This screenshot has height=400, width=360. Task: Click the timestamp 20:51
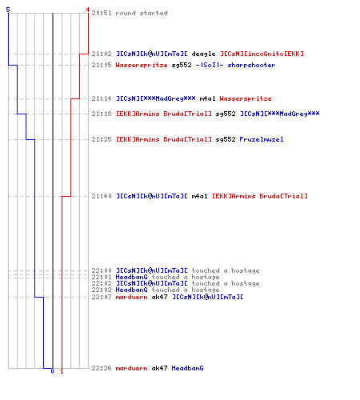102,13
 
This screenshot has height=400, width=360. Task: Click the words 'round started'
142,13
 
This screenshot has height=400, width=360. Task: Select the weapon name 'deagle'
203,54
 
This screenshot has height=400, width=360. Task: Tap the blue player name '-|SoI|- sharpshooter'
235,65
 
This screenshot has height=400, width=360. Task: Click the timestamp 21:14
102,98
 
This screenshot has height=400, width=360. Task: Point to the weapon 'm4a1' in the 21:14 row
207,98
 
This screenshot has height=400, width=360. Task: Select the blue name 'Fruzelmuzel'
262,139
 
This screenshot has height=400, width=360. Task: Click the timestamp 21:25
102,139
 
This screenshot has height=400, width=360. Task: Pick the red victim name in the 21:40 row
260,196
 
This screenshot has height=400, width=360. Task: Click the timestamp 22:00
102,270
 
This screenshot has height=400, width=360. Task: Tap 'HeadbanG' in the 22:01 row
131,277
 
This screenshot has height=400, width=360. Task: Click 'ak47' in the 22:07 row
159,297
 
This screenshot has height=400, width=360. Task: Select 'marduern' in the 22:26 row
131,368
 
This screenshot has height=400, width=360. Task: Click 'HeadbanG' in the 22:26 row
187,368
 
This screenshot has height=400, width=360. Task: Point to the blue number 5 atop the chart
8,10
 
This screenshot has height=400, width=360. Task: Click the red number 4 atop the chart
88,10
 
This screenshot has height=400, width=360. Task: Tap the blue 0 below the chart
52,371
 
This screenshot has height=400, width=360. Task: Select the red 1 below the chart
62,371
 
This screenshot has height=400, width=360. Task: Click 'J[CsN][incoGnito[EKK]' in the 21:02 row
262,54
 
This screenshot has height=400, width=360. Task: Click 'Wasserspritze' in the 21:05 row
142,65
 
